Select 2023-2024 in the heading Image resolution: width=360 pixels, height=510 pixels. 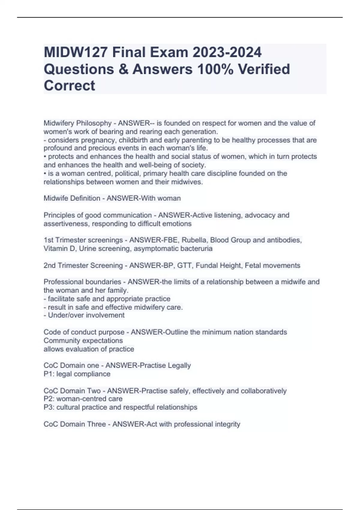(x=227, y=52)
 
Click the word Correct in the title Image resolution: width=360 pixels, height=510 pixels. (x=69, y=85)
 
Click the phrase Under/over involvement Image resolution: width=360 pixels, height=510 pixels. (x=86, y=315)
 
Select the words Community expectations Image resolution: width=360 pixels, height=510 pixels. (x=83, y=341)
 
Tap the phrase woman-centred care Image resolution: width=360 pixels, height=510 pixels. (x=89, y=399)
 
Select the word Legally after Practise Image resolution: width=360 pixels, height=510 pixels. (x=179, y=366)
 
